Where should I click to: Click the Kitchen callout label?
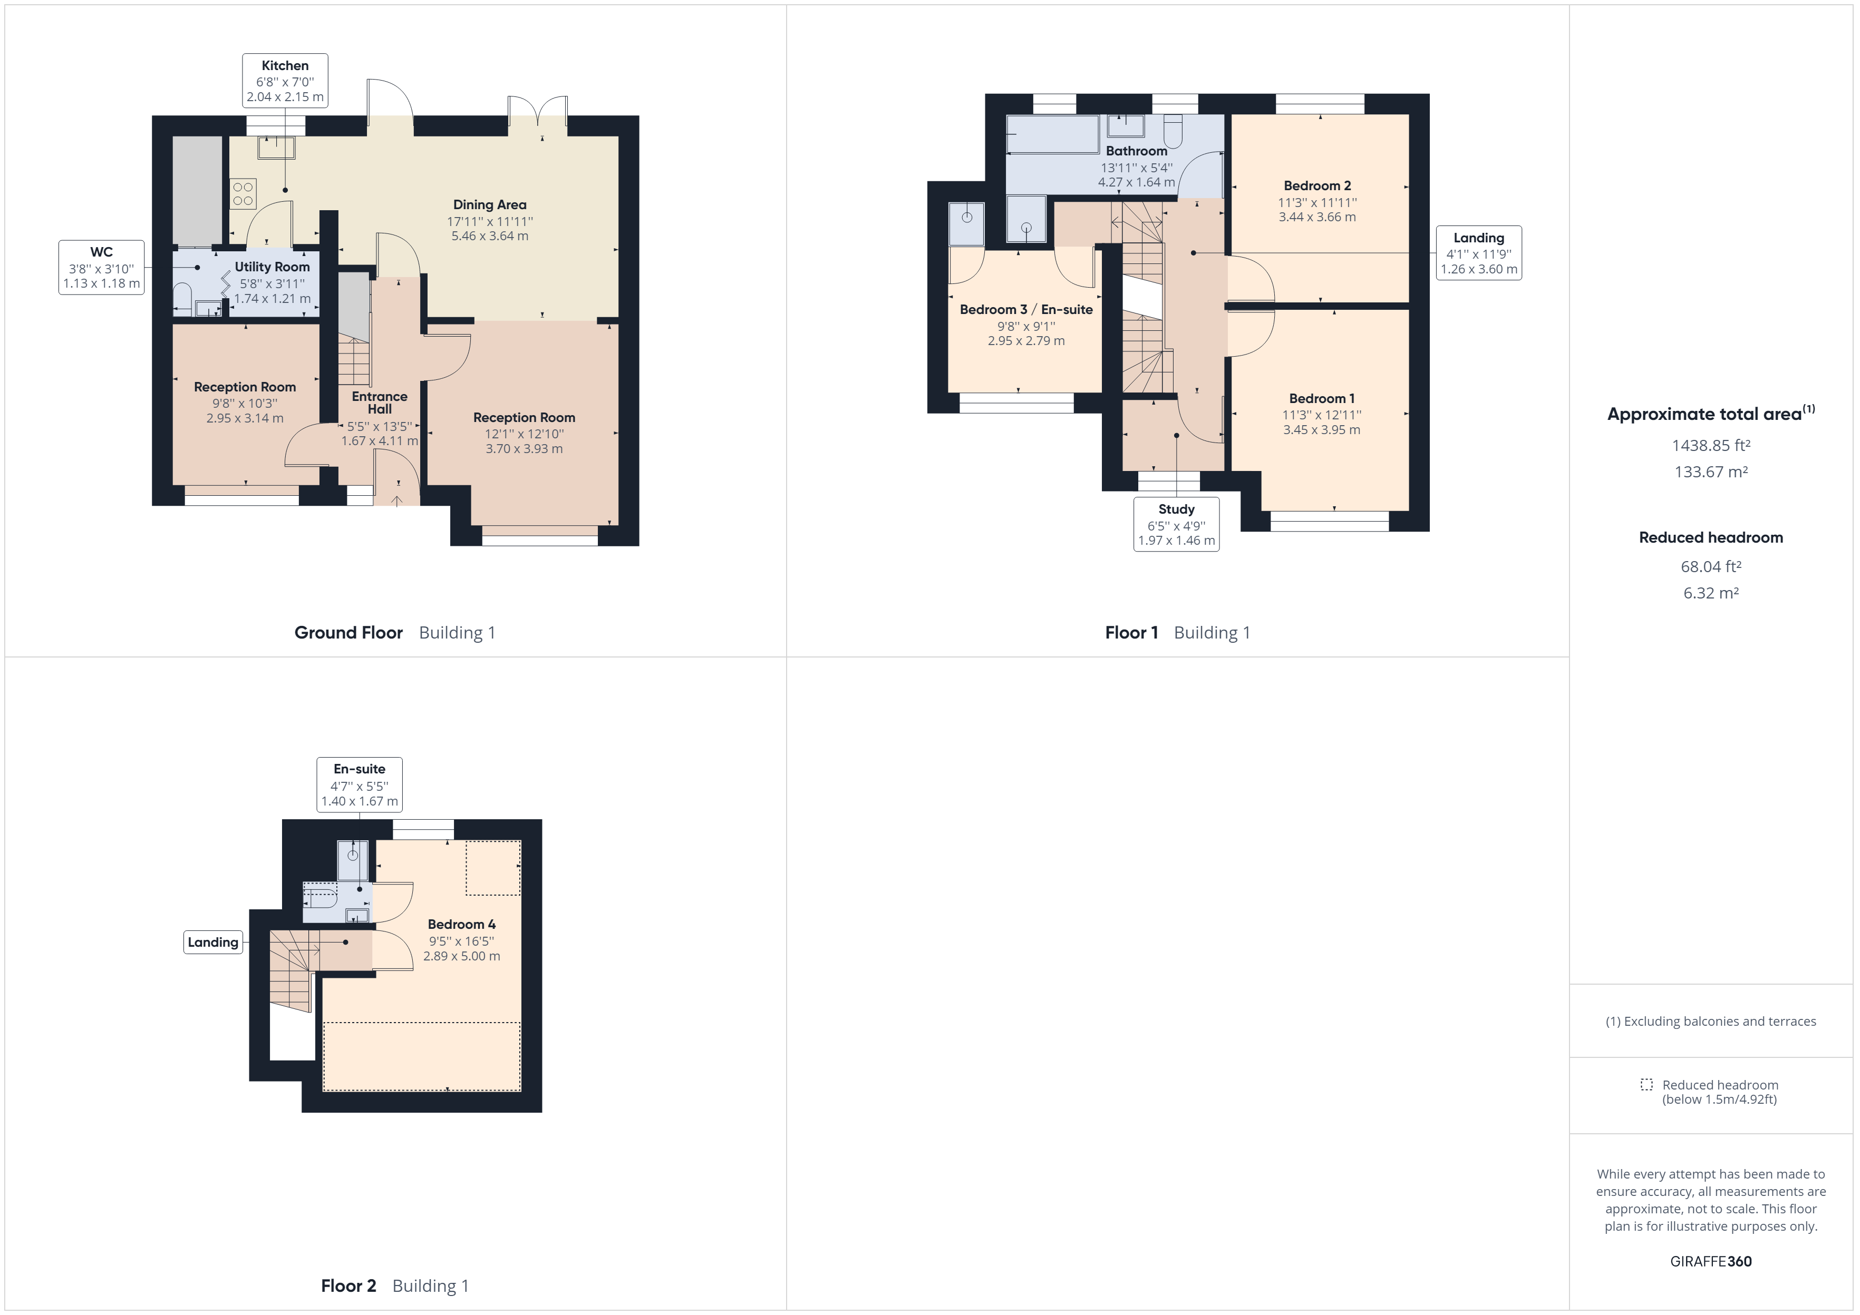pos(285,80)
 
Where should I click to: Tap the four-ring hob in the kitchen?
pos(243,194)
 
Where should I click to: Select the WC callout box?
pos(101,267)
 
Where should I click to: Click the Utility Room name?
pos(272,267)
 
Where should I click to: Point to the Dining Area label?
pos(489,205)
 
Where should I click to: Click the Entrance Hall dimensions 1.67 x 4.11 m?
pos(379,441)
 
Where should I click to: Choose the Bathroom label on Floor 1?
pos(1137,151)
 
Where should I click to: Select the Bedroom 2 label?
pos(1317,185)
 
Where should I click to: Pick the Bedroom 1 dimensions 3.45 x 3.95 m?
pos(1321,430)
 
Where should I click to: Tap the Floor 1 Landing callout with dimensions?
pos(1478,253)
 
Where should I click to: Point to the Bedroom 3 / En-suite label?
pos(1025,309)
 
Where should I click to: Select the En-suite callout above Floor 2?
pos(359,784)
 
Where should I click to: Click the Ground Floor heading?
pos(348,632)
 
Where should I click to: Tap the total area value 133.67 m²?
pos(1710,472)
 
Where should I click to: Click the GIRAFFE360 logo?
pos(1710,1261)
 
